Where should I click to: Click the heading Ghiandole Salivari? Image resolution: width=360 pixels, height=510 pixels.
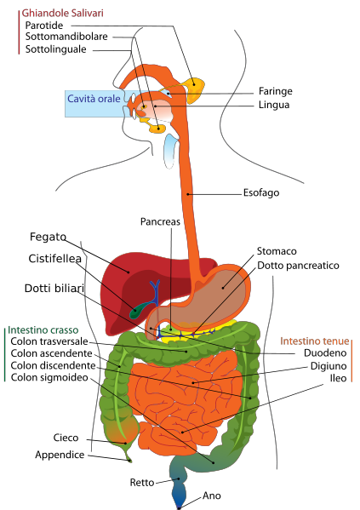[x=62, y=13]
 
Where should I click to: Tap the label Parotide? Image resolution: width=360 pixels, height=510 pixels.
[x=44, y=26]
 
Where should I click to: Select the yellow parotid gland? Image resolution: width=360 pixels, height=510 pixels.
[x=195, y=89]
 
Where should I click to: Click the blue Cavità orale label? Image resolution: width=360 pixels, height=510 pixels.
[x=94, y=99]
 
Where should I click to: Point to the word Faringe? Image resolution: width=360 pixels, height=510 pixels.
[x=276, y=91]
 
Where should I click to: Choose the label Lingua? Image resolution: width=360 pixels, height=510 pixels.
[x=274, y=105]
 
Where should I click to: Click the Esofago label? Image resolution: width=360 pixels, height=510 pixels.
[x=261, y=193]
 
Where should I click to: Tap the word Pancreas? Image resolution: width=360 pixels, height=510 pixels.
[x=160, y=222]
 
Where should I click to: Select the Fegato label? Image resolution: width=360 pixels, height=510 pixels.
[x=48, y=237]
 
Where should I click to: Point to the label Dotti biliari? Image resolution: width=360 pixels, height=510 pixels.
[x=54, y=288]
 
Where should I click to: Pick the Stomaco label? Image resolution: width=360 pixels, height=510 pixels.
[x=277, y=251]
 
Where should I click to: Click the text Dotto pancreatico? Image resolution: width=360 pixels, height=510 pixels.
[x=298, y=266]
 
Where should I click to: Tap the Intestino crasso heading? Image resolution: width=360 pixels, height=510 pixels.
[x=43, y=330]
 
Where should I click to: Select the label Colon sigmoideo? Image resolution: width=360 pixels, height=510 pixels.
[x=49, y=378]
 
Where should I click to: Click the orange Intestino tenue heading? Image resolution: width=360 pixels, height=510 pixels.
[x=315, y=341]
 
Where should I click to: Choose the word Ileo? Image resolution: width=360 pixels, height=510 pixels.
[x=338, y=378]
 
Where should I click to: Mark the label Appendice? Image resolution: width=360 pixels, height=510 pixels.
[x=60, y=455]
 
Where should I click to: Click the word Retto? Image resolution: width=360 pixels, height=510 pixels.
[x=142, y=483]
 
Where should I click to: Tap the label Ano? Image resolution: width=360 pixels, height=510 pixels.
[x=212, y=496]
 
